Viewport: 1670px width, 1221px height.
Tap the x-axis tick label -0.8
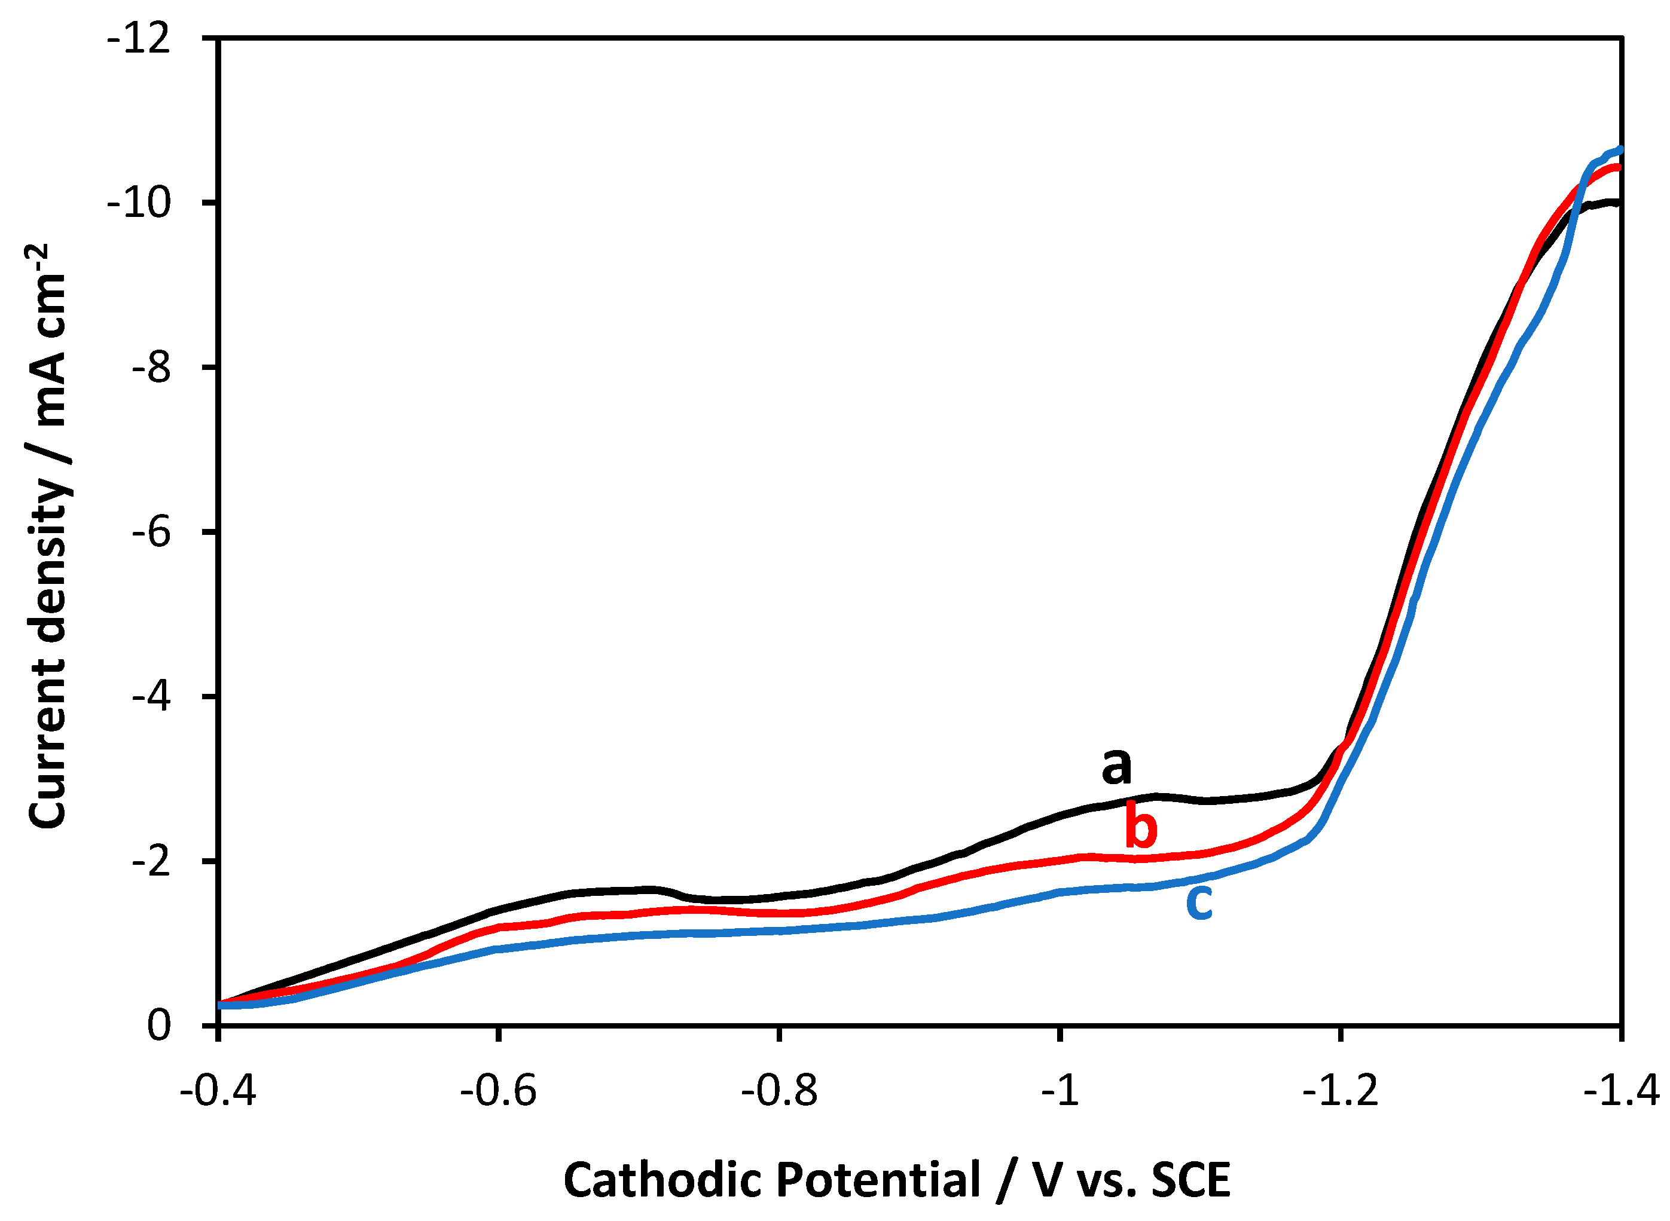(x=779, y=1091)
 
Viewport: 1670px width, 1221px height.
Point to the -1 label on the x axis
(x=1061, y=1091)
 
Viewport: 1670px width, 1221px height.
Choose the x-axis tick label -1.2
(x=1341, y=1091)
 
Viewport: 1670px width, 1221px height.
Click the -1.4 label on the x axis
(x=1621, y=1091)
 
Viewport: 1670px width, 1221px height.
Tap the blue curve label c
(x=1199, y=902)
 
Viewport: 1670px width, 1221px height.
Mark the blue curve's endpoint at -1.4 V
(x=1620, y=150)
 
